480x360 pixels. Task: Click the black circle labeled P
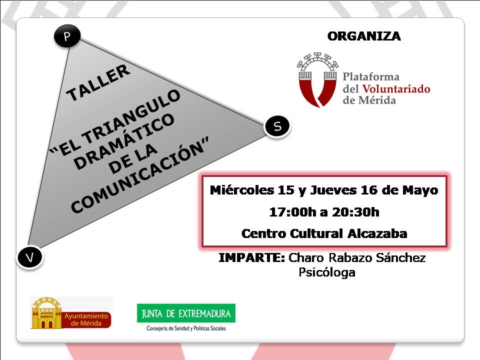click(x=67, y=36)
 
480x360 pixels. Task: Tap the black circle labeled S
click(x=277, y=126)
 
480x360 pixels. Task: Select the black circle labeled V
click(x=29, y=257)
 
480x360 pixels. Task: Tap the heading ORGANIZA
click(x=364, y=36)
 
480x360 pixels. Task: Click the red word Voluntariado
click(x=396, y=89)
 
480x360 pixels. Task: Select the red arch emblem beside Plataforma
click(x=317, y=80)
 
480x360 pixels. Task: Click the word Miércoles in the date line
click(x=242, y=190)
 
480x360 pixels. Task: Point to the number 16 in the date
click(x=369, y=190)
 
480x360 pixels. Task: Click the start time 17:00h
click(x=292, y=212)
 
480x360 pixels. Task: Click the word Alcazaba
click(x=377, y=233)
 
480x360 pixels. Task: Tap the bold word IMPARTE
click(x=252, y=257)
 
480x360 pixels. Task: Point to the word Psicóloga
click(x=327, y=272)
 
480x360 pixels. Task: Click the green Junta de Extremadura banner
click(x=186, y=313)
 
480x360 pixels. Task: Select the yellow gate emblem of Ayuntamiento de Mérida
click(x=46, y=312)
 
